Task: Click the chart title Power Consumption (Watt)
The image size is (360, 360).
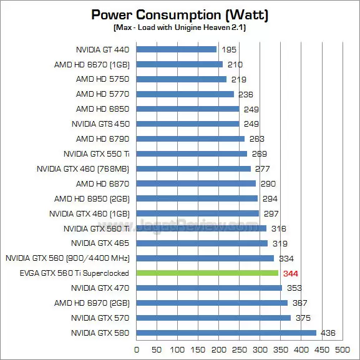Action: point(180,14)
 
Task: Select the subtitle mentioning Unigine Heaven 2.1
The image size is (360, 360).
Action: point(180,28)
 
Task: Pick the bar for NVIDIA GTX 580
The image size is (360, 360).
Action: point(226,333)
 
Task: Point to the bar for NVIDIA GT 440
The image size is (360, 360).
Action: point(176,49)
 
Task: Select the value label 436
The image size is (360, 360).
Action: point(329,333)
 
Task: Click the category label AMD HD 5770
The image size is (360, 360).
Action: point(102,94)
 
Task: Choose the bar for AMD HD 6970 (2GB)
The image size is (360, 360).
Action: point(212,303)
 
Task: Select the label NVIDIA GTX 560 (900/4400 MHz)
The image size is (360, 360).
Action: point(67,258)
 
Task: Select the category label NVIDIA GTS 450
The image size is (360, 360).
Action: point(100,124)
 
